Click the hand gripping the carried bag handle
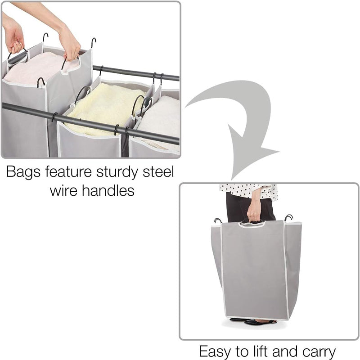(x=254, y=211)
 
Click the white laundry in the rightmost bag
(x=162, y=119)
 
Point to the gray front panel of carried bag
(x=254, y=270)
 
